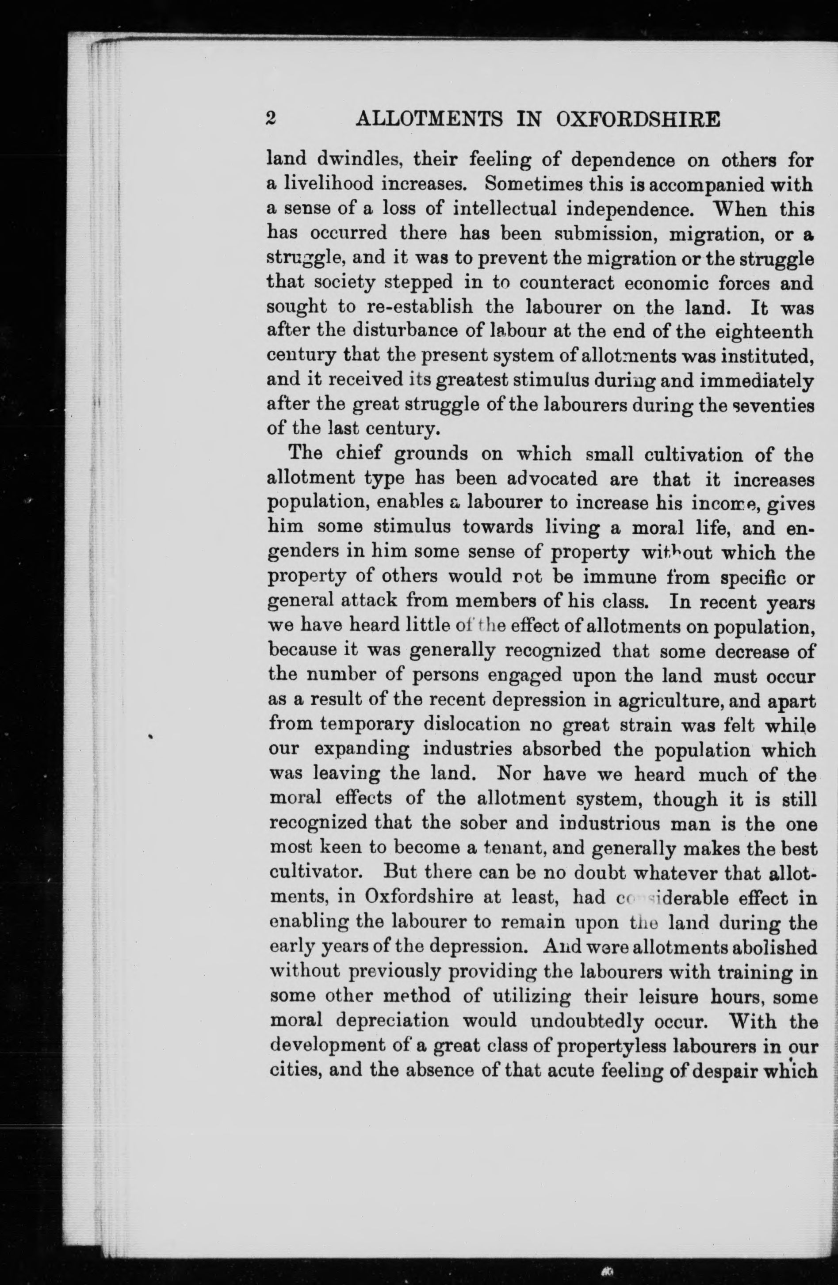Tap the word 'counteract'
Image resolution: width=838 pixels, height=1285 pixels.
[x=566, y=282]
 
